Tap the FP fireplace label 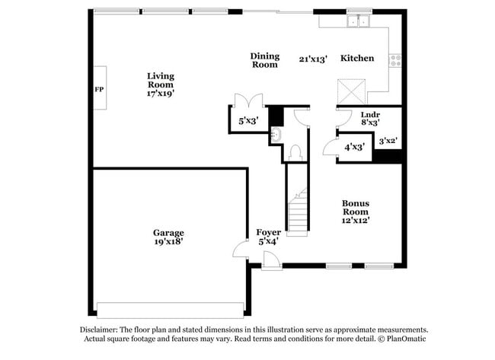pyautogui.click(x=98, y=90)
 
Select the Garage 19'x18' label pyautogui.click(x=168, y=237)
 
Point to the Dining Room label pyautogui.click(x=265, y=60)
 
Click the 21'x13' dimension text pyautogui.click(x=313, y=59)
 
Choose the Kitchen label pyautogui.click(x=356, y=59)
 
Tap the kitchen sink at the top pyautogui.click(x=357, y=22)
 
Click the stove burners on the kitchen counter pyautogui.click(x=395, y=60)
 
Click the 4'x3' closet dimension pyautogui.click(x=355, y=147)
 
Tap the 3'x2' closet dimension pyautogui.click(x=388, y=140)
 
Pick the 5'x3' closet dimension pyautogui.click(x=248, y=121)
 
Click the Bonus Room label pyautogui.click(x=356, y=212)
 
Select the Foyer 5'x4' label pyautogui.click(x=267, y=237)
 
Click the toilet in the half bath pyautogui.click(x=294, y=151)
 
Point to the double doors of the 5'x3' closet pyautogui.click(x=249, y=100)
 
